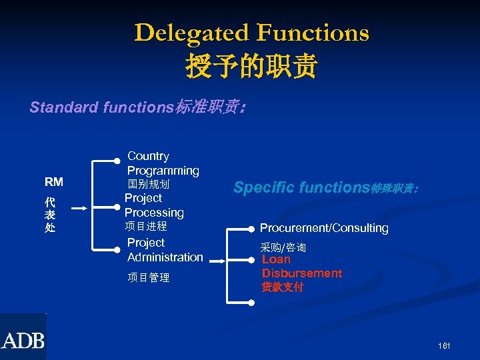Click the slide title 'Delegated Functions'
(x=251, y=33)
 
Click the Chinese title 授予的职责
(x=251, y=66)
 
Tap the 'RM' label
(x=54, y=182)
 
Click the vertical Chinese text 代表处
(x=50, y=215)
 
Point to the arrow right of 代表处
(x=79, y=209)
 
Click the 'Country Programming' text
(x=163, y=163)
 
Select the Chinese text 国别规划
(x=149, y=183)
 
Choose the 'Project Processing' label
(x=154, y=205)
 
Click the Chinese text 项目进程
(x=146, y=227)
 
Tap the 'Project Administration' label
(x=165, y=250)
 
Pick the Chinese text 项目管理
(x=148, y=277)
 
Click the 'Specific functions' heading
(x=325, y=187)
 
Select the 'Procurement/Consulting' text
(x=324, y=228)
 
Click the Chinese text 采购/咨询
(x=283, y=247)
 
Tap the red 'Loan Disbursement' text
(x=301, y=266)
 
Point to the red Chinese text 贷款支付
(x=283, y=287)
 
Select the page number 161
(x=445, y=346)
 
